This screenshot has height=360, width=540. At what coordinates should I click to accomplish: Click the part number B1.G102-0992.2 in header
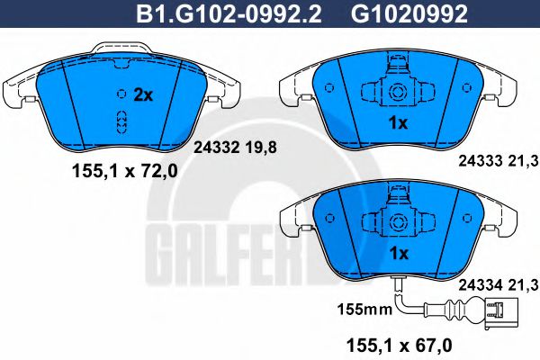pos(229,13)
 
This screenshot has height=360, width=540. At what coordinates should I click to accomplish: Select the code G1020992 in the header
pos(409,13)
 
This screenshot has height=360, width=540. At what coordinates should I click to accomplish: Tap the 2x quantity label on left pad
pos(143,94)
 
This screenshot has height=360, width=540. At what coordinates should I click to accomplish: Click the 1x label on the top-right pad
pos(398,123)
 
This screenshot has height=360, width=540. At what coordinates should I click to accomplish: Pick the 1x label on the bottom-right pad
pos(399,254)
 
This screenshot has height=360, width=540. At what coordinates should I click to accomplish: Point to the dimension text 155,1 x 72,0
pos(125,171)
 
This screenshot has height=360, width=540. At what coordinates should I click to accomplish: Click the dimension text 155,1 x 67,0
pos(399,346)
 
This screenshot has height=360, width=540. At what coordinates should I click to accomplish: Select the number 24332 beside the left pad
pos(217,148)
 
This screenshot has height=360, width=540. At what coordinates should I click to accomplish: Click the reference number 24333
pos(481,161)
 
